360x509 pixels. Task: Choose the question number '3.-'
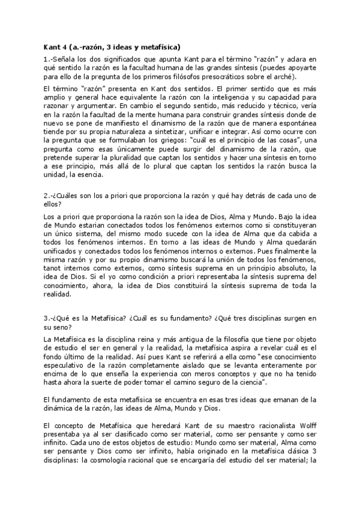(x=49, y=317)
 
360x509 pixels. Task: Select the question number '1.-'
(x=49, y=59)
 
